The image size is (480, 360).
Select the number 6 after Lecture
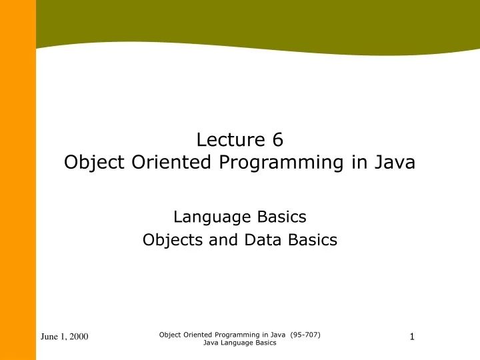tap(277, 139)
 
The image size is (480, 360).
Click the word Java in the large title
tap(393, 162)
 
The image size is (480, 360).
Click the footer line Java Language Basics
tap(239, 343)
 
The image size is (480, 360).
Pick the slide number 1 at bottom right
tap(412, 337)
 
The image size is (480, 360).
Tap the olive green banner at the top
tap(253, 20)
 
